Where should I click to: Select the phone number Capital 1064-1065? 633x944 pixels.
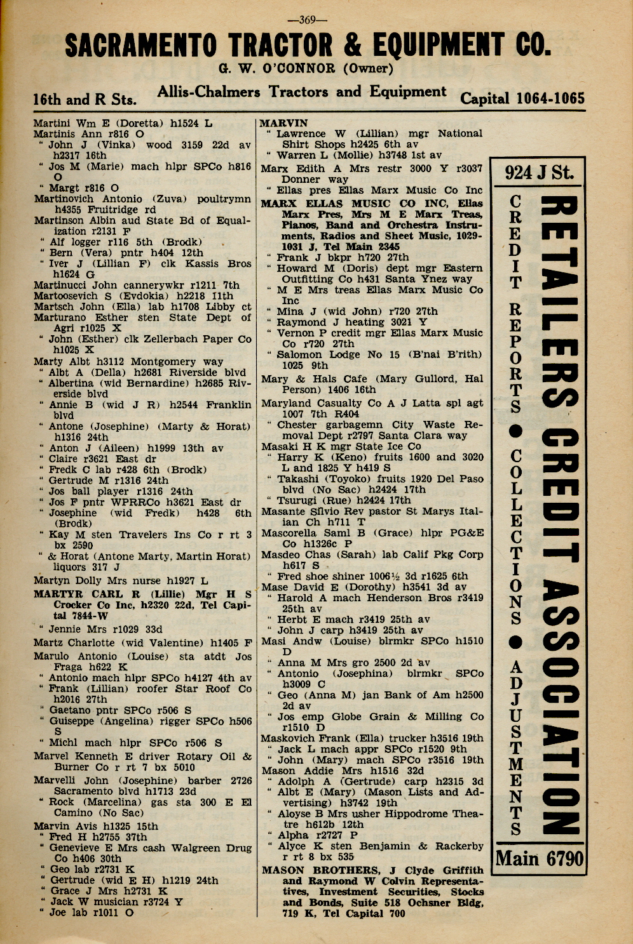coord(522,98)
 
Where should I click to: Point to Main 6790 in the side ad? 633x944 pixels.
coord(539,858)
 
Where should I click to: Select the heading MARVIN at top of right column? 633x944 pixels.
coord(283,123)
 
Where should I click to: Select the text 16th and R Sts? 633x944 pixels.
coord(85,100)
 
